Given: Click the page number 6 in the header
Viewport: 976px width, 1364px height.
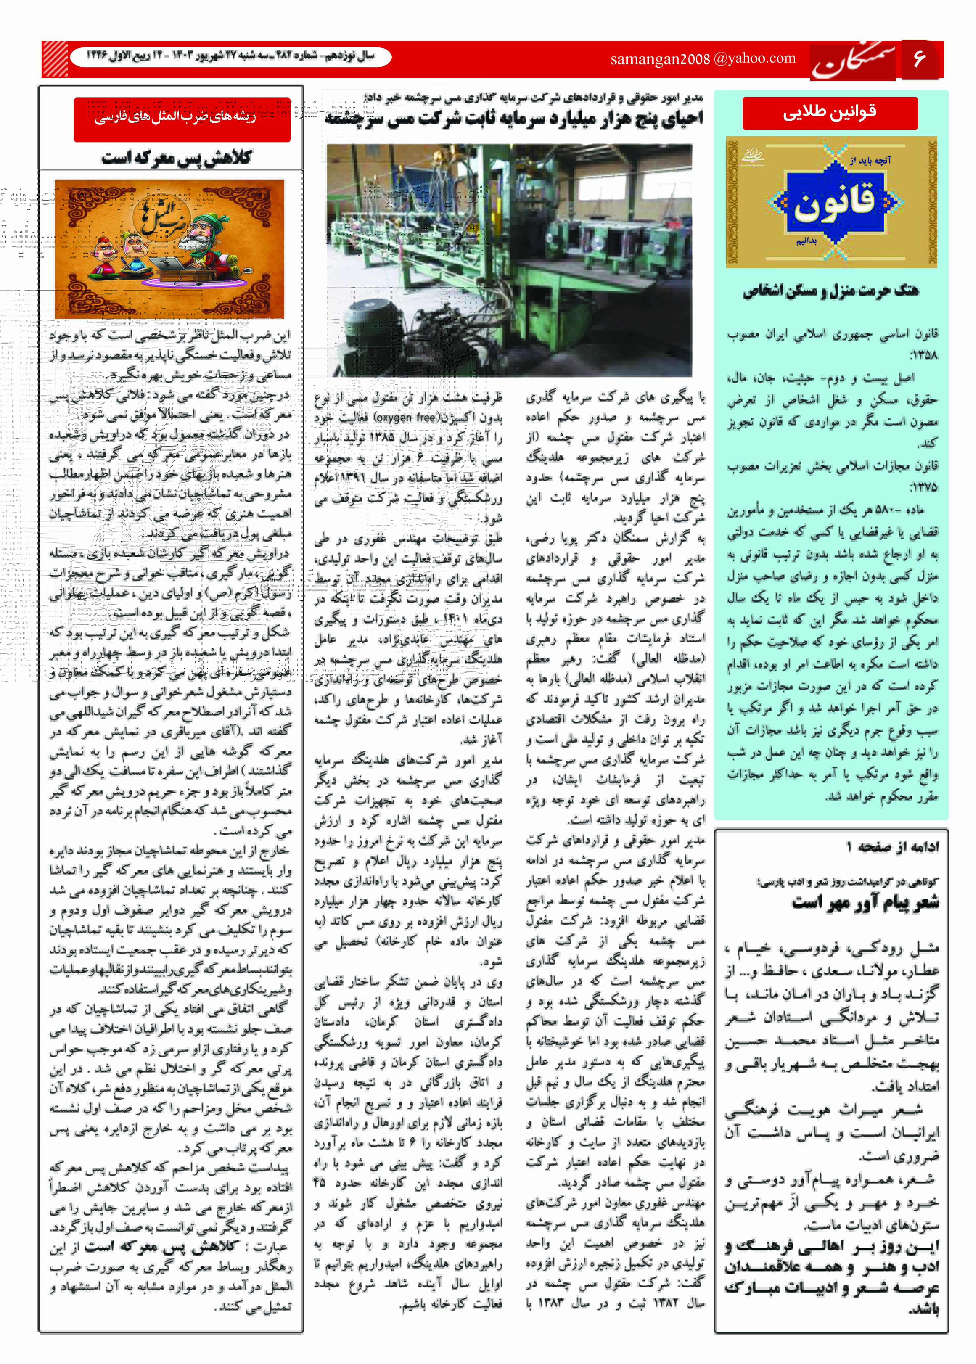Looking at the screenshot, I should click(x=919, y=59).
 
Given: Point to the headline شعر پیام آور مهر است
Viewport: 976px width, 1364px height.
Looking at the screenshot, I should click(x=865, y=902).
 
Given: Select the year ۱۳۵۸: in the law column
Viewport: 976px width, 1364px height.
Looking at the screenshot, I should click(x=923, y=355).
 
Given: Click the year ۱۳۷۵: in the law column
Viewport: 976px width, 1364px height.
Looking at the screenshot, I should click(x=923, y=487).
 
